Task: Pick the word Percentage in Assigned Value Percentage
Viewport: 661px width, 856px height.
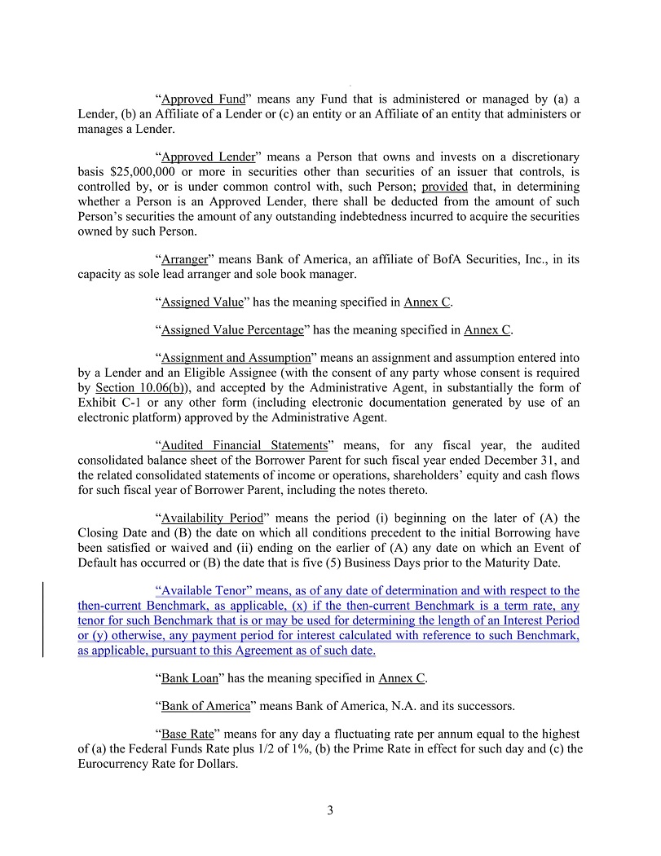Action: pyautogui.click(x=273, y=329)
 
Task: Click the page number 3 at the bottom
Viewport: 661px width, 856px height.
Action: pyautogui.click(x=330, y=810)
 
